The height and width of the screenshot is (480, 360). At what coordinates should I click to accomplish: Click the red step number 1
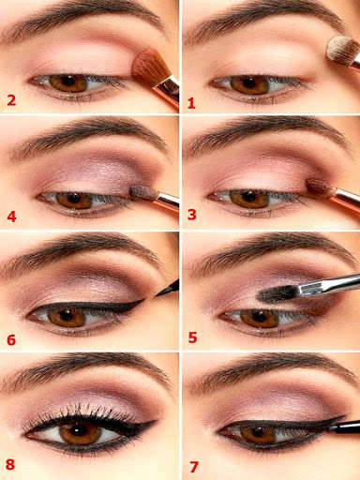(x=191, y=101)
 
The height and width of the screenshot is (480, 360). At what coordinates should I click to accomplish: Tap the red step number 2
(x=11, y=100)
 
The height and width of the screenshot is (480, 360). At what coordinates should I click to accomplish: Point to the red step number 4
(x=11, y=217)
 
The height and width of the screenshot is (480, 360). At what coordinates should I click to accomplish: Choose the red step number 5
(x=191, y=337)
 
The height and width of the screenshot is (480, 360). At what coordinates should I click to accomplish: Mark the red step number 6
(x=11, y=338)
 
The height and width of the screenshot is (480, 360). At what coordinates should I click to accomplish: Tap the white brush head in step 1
(x=341, y=51)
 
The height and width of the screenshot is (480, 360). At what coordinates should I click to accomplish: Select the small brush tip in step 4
(x=142, y=193)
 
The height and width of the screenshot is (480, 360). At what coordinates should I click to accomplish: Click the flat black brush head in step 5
(x=277, y=293)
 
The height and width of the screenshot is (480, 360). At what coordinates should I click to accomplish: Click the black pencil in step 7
(x=343, y=427)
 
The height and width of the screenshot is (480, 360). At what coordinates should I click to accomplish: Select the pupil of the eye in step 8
(x=82, y=432)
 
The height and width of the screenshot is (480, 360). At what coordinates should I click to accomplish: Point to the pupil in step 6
(x=67, y=316)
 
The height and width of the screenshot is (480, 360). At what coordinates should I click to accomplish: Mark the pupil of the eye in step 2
(x=68, y=82)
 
